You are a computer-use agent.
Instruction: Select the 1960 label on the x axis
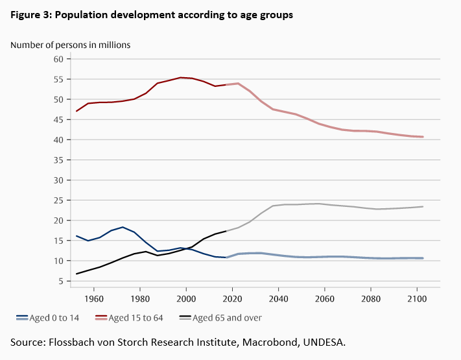click(x=94, y=300)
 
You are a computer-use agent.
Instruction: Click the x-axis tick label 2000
click(x=186, y=300)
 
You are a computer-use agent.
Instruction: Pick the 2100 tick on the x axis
click(x=416, y=300)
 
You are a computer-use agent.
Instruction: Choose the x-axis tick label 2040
click(x=278, y=300)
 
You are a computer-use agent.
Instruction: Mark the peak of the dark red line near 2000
click(x=182, y=77)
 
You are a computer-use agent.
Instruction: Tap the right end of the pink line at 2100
click(x=423, y=137)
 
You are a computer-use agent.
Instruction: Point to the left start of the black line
click(x=77, y=274)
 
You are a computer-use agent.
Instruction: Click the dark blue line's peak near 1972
click(x=123, y=227)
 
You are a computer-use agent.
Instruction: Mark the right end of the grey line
click(x=423, y=207)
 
